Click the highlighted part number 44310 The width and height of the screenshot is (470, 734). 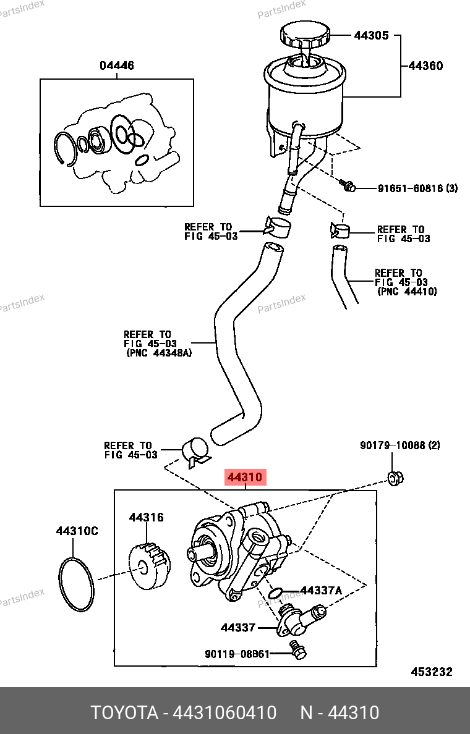click(245, 478)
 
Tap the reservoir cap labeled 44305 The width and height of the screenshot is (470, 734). click(305, 36)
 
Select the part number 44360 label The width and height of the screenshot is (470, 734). click(425, 66)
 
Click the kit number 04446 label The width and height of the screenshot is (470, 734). click(117, 65)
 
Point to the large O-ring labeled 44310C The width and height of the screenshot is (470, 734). click(61, 583)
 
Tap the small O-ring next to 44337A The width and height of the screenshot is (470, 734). click(276, 594)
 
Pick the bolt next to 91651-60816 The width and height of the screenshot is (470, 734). click(347, 186)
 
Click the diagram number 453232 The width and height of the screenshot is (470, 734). click(432, 672)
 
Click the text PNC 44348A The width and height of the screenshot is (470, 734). click(159, 353)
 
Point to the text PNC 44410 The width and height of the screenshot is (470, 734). click(407, 292)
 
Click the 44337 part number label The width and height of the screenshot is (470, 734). click(237, 627)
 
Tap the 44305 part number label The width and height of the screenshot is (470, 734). click(371, 35)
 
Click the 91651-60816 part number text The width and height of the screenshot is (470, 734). click(411, 188)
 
